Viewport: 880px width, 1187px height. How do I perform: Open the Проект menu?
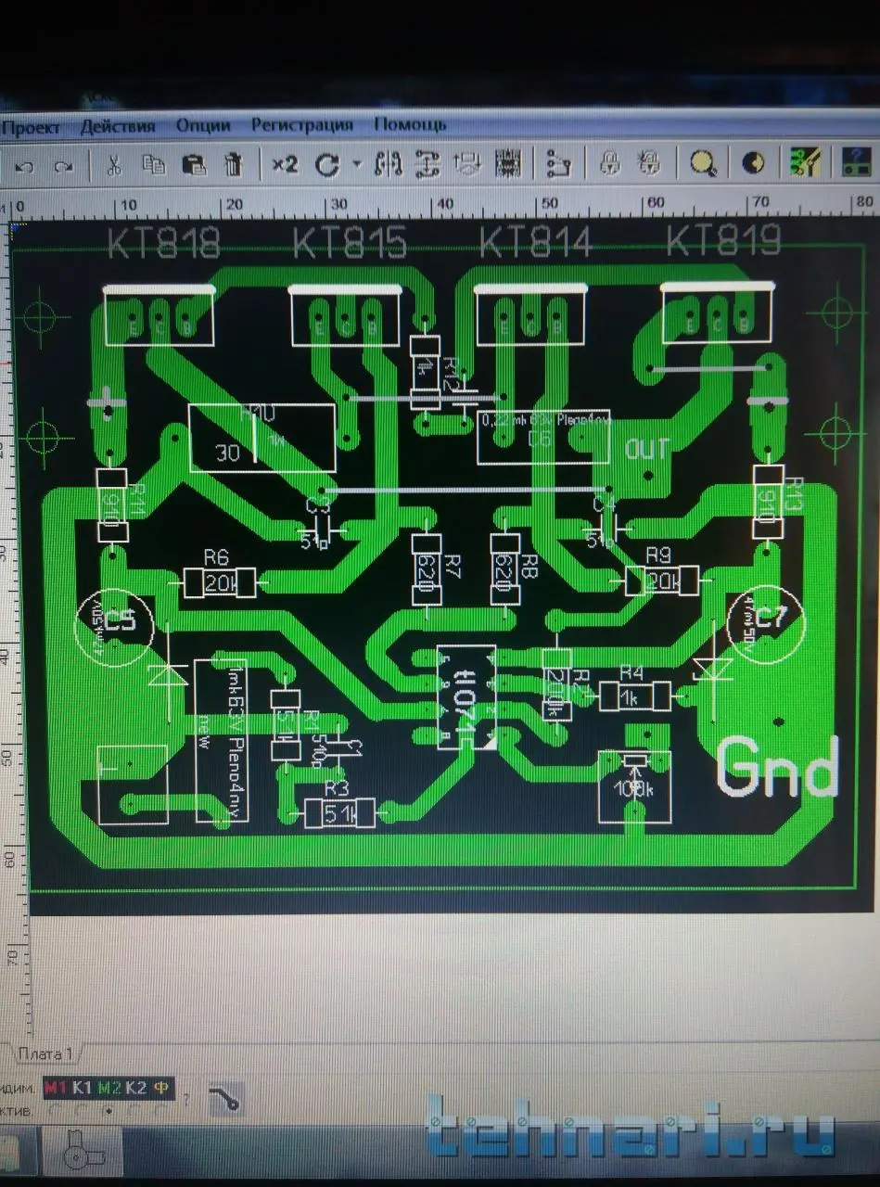click(x=31, y=127)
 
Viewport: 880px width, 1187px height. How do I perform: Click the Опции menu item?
click(x=202, y=124)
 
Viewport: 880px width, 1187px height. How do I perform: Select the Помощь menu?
click(x=409, y=123)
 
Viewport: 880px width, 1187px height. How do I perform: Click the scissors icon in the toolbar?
click(x=114, y=165)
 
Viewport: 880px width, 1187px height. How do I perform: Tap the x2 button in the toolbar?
click(x=284, y=164)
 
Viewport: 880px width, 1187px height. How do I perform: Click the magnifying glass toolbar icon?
click(x=703, y=164)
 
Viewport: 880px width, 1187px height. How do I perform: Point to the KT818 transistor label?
click(x=164, y=243)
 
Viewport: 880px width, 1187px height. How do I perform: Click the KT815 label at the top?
click(x=350, y=243)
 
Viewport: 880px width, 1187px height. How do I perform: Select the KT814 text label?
click(x=535, y=243)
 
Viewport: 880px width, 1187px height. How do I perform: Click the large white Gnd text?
click(x=777, y=768)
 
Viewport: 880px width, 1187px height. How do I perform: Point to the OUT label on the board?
click(x=646, y=450)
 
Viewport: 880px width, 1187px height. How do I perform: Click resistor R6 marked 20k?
click(x=219, y=583)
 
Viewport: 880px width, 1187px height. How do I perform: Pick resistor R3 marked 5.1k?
click(x=339, y=813)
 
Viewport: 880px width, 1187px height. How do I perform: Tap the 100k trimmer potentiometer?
click(x=634, y=785)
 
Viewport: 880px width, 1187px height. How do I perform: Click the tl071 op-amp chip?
click(x=466, y=696)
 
